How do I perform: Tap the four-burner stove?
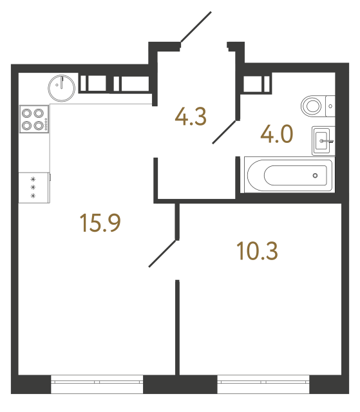pyautogui.click(x=35, y=118)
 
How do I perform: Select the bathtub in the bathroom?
pyautogui.click(x=288, y=174)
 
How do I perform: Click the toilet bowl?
pyautogui.click(x=314, y=104)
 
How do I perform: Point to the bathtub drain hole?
pyautogui.click(x=315, y=174)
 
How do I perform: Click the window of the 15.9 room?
pyautogui.click(x=97, y=386)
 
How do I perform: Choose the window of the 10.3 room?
pyautogui.click(x=263, y=386)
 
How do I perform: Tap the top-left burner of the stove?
pyautogui.click(x=28, y=112)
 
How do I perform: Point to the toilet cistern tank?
pyautogui.click(x=330, y=104)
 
